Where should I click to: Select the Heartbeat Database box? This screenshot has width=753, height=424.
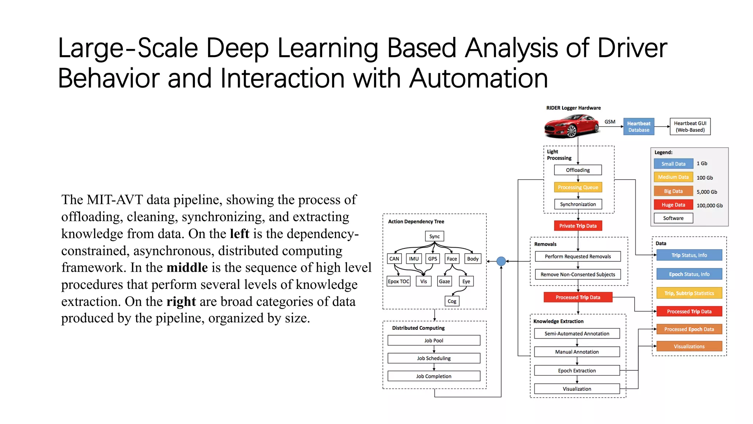pos(639,127)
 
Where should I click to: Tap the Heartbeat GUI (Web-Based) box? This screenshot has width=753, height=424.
pos(690,127)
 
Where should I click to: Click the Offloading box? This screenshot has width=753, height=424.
pos(578,170)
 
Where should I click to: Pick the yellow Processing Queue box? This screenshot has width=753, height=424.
pos(578,187)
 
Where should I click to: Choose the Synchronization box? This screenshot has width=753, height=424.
pos(578,204)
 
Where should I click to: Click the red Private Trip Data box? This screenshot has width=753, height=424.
pos(578,226)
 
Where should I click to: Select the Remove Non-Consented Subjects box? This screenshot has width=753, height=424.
pos(578,274)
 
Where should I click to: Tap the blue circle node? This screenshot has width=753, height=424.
pos(501,261)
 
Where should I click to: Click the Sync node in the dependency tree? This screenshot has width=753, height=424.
pos(434,236)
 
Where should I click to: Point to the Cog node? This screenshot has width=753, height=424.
pos(452,301)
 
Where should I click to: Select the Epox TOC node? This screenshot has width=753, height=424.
pos(399,281)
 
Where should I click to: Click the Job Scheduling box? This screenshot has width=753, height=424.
pos(433,358)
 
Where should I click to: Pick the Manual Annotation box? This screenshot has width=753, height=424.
pos(577,352)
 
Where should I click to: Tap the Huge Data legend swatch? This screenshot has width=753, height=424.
pos(673,205)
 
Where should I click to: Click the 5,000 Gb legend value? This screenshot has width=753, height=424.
pos(706,192)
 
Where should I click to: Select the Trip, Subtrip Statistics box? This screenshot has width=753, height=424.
pos(689,293)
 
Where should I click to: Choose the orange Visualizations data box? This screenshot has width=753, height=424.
pos(689,346)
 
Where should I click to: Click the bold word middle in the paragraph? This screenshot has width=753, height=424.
pos(187,268)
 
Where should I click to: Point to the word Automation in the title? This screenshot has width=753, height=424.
pos(478,78)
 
